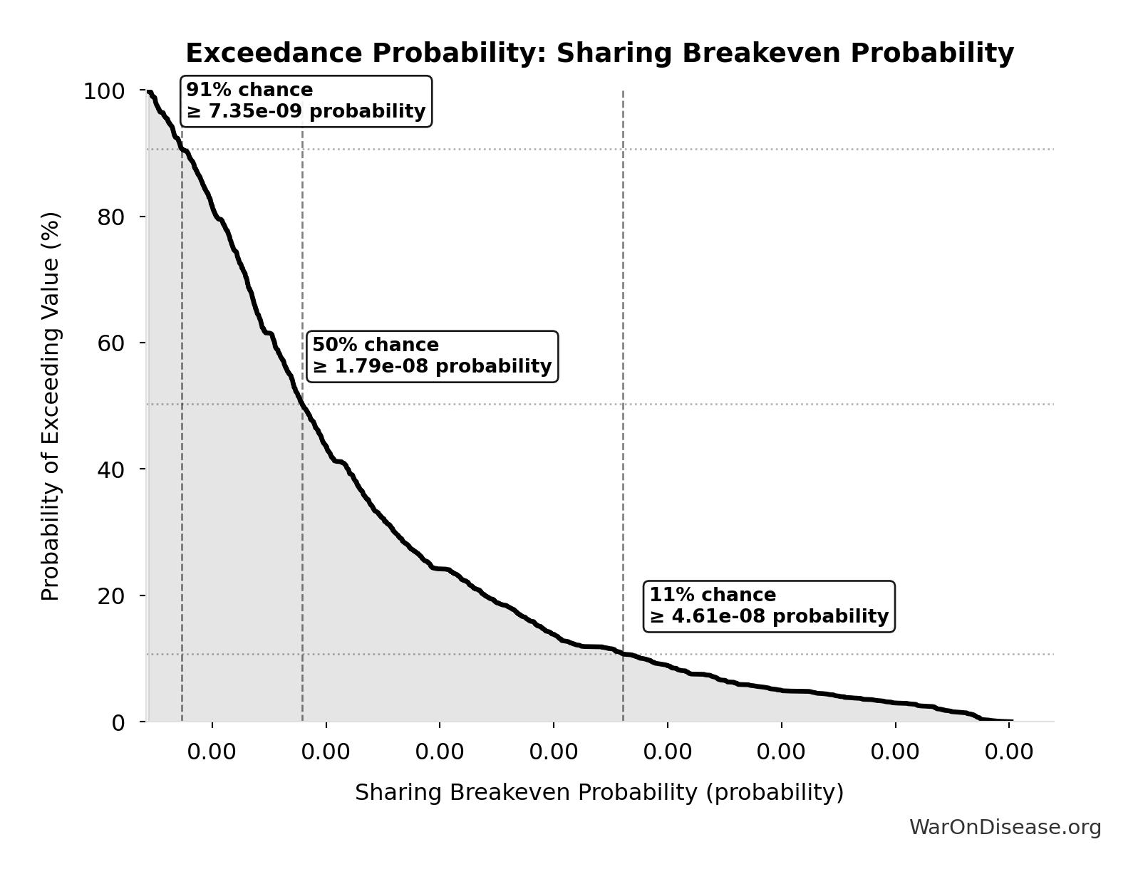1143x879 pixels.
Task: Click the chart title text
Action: [x=599, y=53]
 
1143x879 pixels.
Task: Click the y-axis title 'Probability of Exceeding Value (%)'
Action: [x=51, y=406]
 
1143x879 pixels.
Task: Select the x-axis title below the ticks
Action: [x=599, y=793]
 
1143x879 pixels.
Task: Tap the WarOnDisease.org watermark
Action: [x=1005, y=827]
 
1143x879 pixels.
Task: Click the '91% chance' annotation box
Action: [x=306, y=101]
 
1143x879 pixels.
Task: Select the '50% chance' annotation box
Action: [x=432, y=356]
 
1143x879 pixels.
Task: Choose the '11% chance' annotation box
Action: [x=769, y=606]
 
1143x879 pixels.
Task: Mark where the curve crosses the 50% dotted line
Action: [x=302, y=404]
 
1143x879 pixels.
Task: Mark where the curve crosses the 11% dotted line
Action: [x=623, y=653]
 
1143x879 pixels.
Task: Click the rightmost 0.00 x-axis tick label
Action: [x=1009, y=752]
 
